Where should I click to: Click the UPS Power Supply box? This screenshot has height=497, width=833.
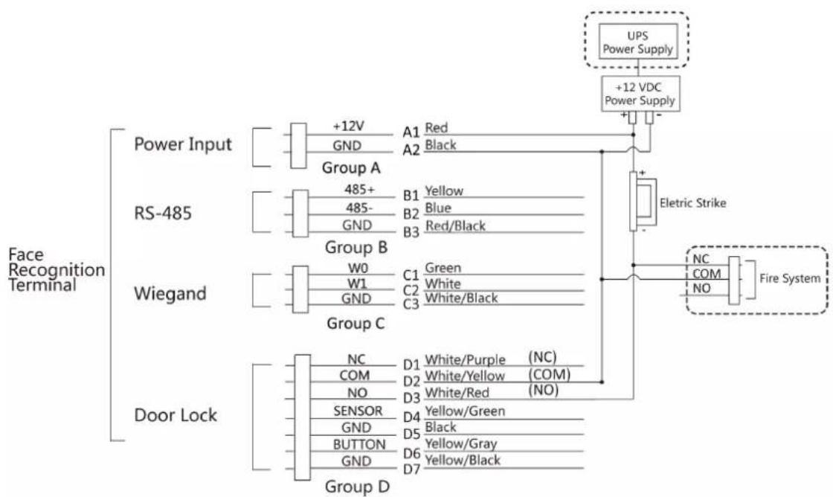point(638,40)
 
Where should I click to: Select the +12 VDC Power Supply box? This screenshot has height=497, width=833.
point(640,94)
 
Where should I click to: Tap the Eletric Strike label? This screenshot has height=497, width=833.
point(692,202)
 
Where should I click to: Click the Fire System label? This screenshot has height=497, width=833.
point(790,278)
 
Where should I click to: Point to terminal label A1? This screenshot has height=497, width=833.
point(411,131)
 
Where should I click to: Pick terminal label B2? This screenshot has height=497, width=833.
point(411,214)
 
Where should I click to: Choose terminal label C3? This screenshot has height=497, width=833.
point(411,304)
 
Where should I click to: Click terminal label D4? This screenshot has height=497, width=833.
point(412,417)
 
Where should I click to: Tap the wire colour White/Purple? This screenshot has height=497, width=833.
point(465,360)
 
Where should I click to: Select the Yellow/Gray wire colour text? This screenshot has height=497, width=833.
point(461,443)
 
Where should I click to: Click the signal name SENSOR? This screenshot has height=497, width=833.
point(358,411)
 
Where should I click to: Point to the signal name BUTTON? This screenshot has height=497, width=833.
point(359,444)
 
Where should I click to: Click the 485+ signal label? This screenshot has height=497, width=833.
point(359,189)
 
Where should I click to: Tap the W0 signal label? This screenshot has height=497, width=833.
point(358,268)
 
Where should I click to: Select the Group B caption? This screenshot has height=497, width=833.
point(356,247)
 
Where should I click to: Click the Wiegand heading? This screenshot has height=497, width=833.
point(170,293)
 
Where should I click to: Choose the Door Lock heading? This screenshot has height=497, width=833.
point(176,415)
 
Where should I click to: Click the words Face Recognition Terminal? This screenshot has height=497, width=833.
point(57,269)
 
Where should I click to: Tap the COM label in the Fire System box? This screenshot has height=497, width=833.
point(707,274)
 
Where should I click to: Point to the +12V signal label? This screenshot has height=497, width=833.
point(349,126)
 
